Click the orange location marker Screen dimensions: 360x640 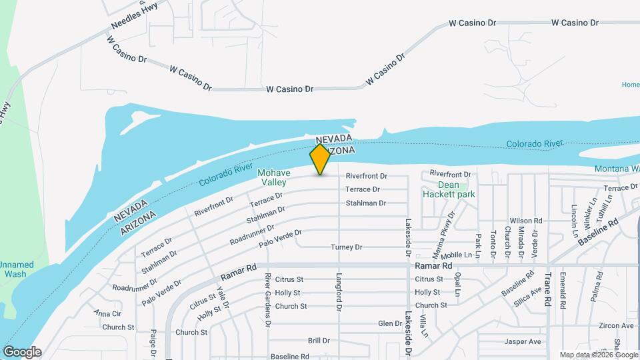tap(321, 159)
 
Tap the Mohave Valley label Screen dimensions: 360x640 tap(272, 177)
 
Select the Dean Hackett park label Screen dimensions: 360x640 tap(448, 189)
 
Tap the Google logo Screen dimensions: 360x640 tap(22, 352)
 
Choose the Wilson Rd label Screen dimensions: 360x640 tap(526, 221)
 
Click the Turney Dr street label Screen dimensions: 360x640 tap(347, 247)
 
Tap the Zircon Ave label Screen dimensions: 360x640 tap(616, 326)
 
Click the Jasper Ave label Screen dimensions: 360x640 tap(523, 342)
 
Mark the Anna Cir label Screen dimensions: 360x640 tap(107, 313)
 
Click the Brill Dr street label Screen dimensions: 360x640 tap(319, 341)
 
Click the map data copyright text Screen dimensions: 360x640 tap(598, 355)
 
